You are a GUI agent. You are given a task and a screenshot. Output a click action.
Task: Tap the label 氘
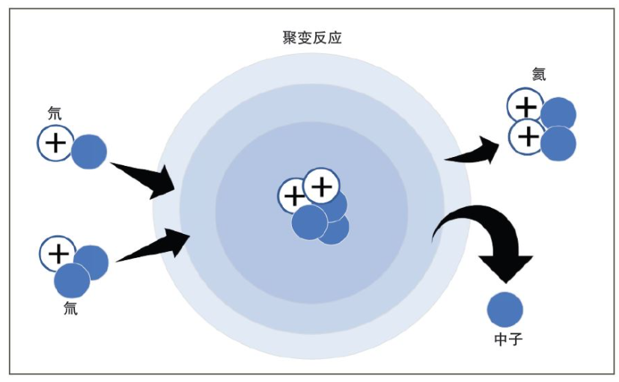click(x=55, y=114)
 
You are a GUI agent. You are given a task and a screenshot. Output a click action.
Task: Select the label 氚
click(x=70, y=307)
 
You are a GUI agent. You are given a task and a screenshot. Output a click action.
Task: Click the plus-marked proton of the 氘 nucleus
click(x=55, y=143)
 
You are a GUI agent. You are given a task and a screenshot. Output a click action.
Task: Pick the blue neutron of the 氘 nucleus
click(x=89, y=151)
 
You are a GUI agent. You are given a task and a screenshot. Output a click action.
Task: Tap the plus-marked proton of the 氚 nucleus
click(x=58, y=253)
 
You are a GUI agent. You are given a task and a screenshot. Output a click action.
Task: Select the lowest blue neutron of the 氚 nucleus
click(x=72, y=280)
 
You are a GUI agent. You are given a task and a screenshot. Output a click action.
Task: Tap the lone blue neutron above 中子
click(x=505, y=309)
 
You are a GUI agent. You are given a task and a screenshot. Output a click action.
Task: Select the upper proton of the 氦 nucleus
click(x=525, y=108)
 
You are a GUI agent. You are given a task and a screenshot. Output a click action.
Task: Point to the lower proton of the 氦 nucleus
click(x=526, y=137)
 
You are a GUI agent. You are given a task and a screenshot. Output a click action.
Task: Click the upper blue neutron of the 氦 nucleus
click(x=558, y=114)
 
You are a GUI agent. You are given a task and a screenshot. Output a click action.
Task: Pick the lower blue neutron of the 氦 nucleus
click(x=558, y=144)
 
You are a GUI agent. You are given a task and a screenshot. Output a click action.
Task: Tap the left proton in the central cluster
click(x=294, y=197)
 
